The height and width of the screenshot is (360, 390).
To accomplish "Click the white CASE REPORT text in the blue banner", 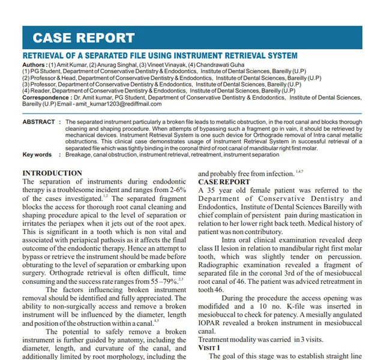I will click(83, 38).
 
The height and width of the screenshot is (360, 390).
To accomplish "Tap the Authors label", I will click(34, 64).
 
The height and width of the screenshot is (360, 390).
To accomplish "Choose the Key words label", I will click(37, 154).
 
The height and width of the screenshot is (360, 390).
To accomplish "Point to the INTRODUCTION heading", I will click(52, 173).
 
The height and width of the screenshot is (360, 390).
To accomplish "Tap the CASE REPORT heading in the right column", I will click(224, 181).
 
